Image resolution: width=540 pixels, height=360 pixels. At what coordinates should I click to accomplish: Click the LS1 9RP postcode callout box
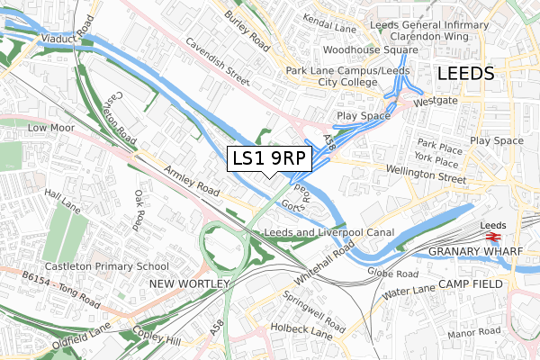coord(269,159)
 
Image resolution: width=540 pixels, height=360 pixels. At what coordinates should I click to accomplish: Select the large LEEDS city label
coord(464,74)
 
